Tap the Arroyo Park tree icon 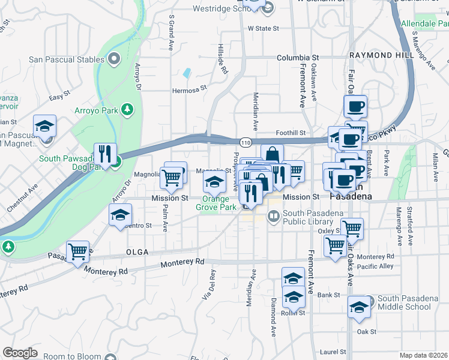coord(127,110)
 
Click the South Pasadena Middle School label coord(405,303)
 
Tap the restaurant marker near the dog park coord(106,154)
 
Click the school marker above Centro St coord(120,215)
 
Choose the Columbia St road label coord(298,58)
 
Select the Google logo coord(20,353)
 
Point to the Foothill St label coord(291,133)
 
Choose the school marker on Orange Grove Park coord(214,182)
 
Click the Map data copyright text coord(424,355)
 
